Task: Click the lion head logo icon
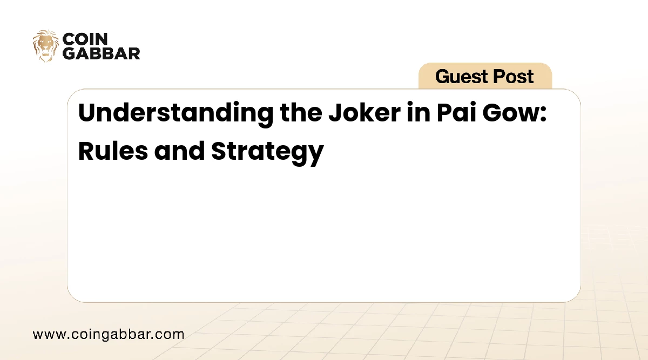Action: click(45, 46)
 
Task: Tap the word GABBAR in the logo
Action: click(101, 53)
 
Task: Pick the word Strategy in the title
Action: click(267, 152)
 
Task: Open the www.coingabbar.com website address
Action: click(108, 334)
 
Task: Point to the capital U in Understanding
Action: click(87, 114)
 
